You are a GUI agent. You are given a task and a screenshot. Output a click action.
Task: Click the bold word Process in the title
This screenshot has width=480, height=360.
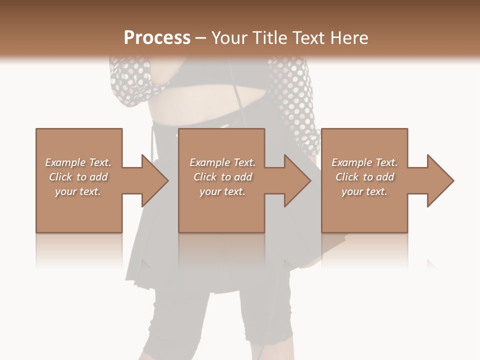[x=157, y=38]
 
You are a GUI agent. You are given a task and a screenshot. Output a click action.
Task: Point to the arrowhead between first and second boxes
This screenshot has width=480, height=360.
[x=152, y=180]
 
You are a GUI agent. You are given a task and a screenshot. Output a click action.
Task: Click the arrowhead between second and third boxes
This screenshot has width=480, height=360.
[x=295, y=180]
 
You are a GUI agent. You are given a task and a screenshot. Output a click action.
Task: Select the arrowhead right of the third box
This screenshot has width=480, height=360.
[x=438, y=180]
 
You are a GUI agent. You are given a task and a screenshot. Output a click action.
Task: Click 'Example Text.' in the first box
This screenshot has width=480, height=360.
[x=78, y=162]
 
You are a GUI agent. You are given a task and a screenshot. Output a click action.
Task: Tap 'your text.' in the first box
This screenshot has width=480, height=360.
[x=78, y=191]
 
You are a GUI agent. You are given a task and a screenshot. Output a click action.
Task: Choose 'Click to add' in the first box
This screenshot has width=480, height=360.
[x=78, y=177]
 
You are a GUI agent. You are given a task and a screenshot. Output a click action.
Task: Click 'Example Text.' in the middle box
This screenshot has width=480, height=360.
[x=222, y=162]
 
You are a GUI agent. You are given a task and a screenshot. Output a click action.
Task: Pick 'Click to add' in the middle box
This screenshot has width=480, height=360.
[x=222, y=177]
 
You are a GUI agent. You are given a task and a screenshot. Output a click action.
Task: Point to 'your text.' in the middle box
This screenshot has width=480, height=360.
[x=222, y=191]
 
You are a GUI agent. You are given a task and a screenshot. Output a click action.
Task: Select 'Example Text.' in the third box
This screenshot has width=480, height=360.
[x=364, y=162]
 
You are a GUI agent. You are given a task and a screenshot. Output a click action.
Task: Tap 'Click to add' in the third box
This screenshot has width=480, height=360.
[x=364, y=177]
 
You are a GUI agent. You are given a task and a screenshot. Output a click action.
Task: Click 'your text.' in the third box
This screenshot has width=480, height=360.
[x=364, y=191]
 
